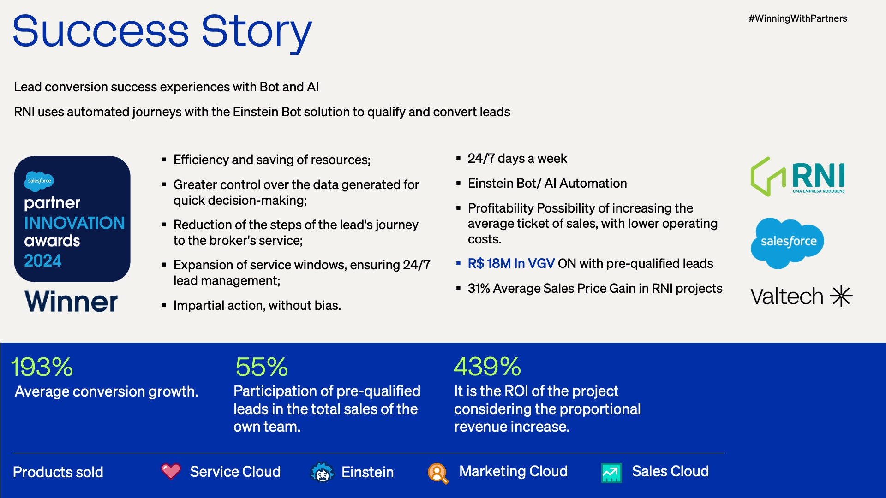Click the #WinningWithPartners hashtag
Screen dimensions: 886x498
click(798, 18)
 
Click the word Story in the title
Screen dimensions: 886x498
click(257, 32)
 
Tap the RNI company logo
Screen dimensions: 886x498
click(798, 177)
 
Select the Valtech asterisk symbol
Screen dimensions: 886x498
click(841, 296)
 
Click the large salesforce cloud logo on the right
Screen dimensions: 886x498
click(787, 243)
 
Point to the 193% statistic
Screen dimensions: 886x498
click(42, 367)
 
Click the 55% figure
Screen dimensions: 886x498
click(262, 367)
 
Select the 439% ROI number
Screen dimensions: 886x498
click(487, 367)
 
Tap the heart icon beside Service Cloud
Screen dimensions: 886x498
click(171, 471)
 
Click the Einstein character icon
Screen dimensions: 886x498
click(322, 472)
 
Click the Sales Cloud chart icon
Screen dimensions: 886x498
click(611, 473)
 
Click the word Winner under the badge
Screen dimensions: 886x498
click(71, 302)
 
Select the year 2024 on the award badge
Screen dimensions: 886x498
click(42, 261)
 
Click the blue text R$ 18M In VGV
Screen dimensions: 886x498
click(511, 263)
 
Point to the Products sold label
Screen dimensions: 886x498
click(58, 472)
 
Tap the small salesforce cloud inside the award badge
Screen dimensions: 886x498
click(39, 180)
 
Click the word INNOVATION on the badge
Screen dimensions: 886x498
click(74, 223)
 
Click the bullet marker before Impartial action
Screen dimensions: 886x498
click(164, 305)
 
